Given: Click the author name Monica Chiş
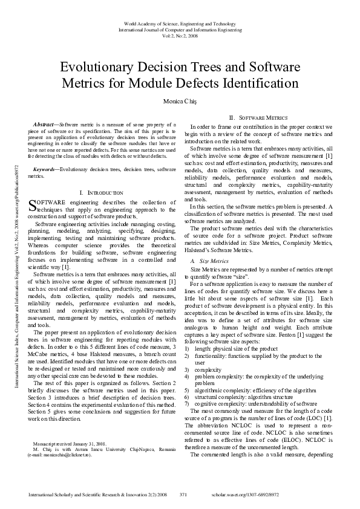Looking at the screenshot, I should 180,100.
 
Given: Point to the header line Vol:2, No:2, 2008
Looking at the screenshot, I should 180,36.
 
